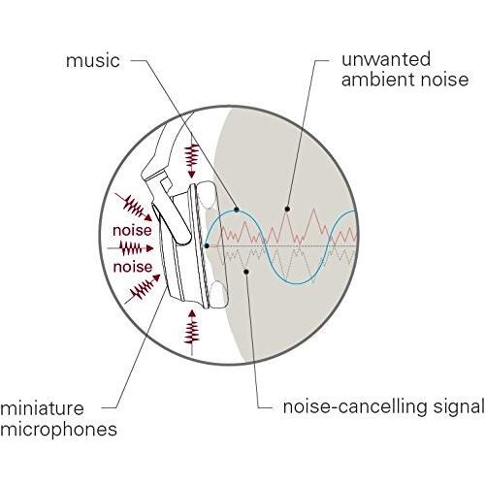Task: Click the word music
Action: (93, 61)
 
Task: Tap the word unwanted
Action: (386, 59)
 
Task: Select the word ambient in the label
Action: (375, 80)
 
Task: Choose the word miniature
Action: (42, 408)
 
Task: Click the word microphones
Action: (58, 430)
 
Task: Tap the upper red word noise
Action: (132, 231)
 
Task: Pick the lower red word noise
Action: (133, 267)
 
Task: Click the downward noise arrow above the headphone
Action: (192, 155)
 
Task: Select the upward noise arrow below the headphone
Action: (192, 333)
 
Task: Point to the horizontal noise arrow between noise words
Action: (130, 248)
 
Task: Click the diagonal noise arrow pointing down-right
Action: (134, 208)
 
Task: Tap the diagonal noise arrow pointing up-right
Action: (143, 289)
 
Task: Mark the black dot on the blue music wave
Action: (237, 210)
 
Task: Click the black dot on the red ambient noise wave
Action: (287, 210)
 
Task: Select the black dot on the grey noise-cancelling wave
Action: (246, 272)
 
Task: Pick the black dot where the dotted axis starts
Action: (207, 246)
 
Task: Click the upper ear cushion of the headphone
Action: (207, 195)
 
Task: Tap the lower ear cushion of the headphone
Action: (218, 294)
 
